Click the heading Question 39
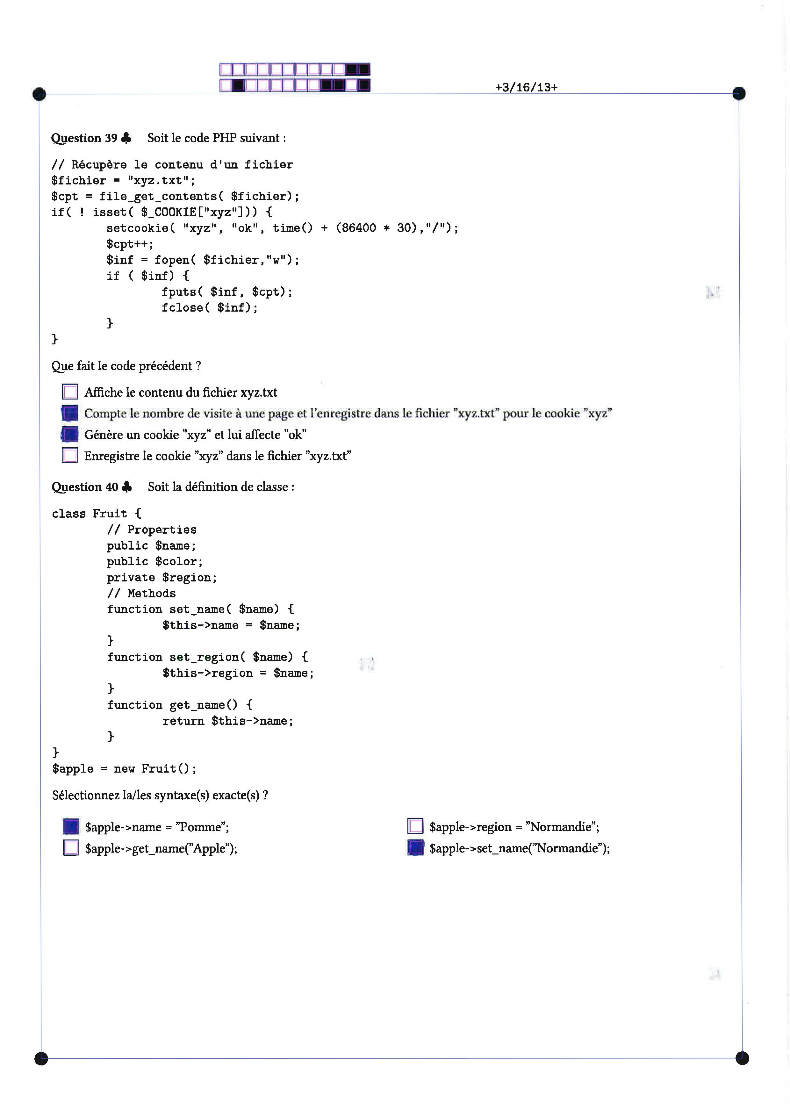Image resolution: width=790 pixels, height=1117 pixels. click(x=84, y=138)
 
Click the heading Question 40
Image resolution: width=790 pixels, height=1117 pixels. click(x=85, y=487)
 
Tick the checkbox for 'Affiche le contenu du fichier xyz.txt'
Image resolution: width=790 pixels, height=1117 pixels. click(x=70, y=392)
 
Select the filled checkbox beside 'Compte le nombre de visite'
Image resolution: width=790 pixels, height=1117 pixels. click(x=70, y=413)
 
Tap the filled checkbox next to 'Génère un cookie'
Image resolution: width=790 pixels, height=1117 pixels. click(x=70, y=434)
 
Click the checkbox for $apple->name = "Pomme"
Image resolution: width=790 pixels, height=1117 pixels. click(x=71, y=826)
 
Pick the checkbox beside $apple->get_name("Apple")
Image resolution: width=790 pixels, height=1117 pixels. click(x=71, y=847)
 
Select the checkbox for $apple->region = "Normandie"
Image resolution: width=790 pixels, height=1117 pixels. click(x=415, y=826)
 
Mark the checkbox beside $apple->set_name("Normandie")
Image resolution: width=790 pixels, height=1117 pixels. click(x=415, y=847)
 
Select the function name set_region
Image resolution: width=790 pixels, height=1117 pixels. click(x=204, y=657)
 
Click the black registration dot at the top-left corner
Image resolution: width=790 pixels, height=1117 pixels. click(x=39, y=94)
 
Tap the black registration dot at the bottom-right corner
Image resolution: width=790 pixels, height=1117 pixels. click(x=742, y=1058)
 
